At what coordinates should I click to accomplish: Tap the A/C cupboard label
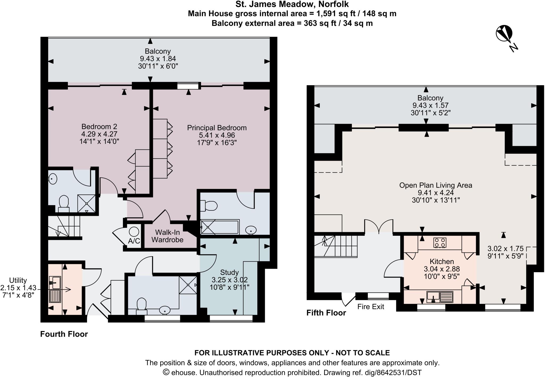(134, 241)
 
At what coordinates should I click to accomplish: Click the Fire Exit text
(371, 307)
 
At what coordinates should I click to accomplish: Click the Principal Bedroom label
(217, 128)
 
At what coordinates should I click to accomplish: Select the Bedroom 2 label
(99, 127)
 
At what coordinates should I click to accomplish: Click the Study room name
(229, 272)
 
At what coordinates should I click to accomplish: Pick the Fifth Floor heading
(326, 313)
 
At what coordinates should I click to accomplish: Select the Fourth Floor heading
(64, 334)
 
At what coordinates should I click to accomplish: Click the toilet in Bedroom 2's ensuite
(64, 203)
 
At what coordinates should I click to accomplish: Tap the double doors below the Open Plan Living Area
(378, 226)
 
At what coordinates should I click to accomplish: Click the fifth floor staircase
(335, 246)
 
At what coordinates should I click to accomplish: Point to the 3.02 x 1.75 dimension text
(505, 249)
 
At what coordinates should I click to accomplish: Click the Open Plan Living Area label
(436, 185)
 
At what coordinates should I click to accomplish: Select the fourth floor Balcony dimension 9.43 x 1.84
(158, 59)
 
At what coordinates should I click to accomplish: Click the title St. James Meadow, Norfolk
(292, 4)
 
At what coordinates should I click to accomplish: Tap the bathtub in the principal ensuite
(220, 227)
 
